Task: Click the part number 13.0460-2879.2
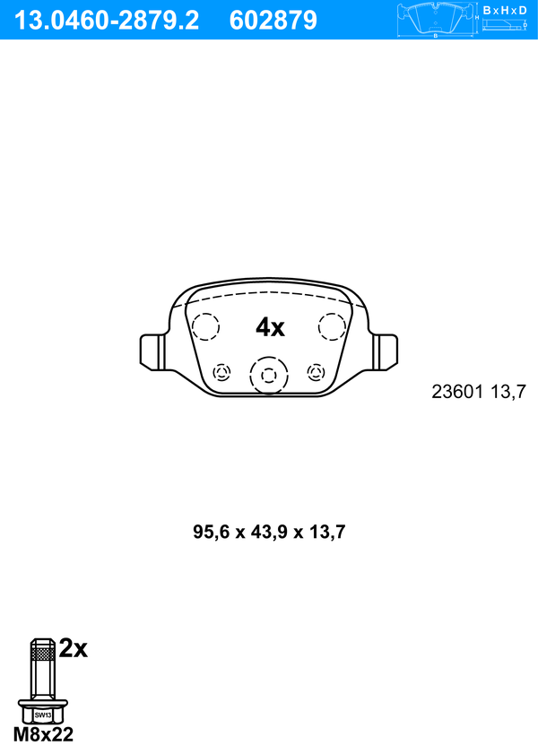pos(106,21)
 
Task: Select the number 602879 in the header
pos(273,21)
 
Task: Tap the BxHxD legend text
pos(505,10)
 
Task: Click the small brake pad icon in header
pos(436,19)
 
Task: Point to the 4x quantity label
pos(270,327)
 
